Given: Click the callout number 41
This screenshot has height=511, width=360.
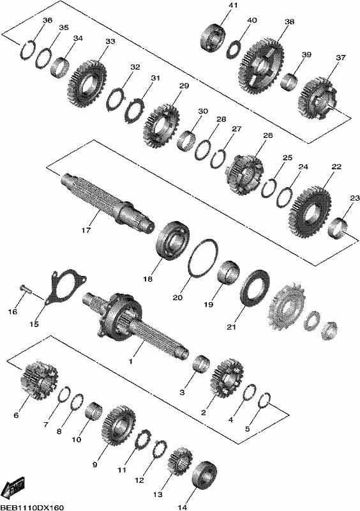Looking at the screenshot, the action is pos(233,5).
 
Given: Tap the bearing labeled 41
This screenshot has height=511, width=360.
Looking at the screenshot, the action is pos(213,38).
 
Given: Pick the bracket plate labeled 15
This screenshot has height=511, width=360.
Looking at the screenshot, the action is pos(65,286).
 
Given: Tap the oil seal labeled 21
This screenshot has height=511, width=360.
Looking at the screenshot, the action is pos(255,288).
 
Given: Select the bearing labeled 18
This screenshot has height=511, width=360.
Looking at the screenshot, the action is pos(174,240).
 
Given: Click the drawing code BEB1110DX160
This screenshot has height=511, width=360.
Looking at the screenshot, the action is pos(32,507).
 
